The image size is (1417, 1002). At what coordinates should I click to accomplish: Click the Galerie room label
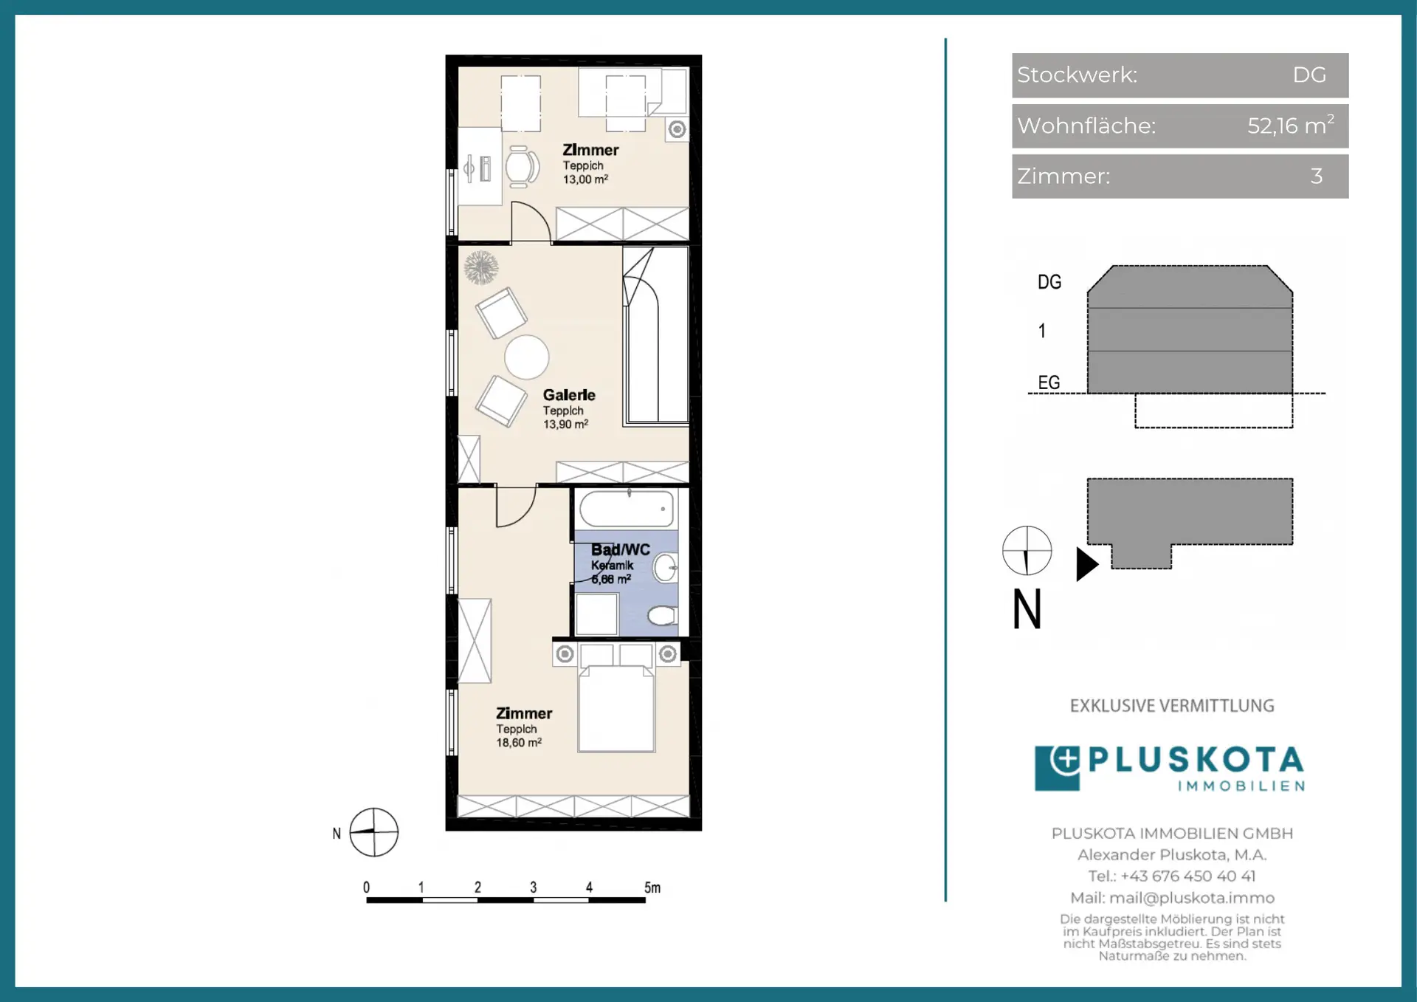pyautogui.click(x=569, y=395)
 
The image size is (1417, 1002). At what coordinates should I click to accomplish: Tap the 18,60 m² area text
pyautogui.click(x=519, y=743)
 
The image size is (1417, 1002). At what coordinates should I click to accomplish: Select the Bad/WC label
pyautogui.click(x=621, y=549)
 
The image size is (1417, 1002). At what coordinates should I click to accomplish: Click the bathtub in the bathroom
pyautogui.click(x=627, y=509)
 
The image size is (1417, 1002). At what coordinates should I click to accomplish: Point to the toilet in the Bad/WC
pyautogui.click(x=662, y=615)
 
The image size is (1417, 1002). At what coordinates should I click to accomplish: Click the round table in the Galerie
pyautogui.click(x=526, y=357)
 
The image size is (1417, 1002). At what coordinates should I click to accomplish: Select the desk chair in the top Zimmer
pyautogui.click(x=521, y=166)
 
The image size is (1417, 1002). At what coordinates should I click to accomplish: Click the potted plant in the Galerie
pyautogui.click(x=481, y=267)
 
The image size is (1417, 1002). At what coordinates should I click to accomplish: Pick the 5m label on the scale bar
pyautogui.click(x=652, y=888)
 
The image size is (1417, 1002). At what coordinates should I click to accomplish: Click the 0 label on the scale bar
pyautogui.click(x=367, y=888)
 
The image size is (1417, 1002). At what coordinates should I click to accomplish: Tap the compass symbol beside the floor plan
pyautogui.click(x=373, y=832)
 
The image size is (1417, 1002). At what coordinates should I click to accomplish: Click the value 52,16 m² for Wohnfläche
pyautogui.click(x=1291, y=125)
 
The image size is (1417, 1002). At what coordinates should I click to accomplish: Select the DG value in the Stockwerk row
pyautogui.click(x=1309, y=75)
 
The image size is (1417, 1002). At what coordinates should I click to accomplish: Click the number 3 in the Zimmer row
pyautogui.click(x=1317, y=176)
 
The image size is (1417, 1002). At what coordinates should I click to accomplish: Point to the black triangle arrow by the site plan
pyautogui.click(x=1087, y=564)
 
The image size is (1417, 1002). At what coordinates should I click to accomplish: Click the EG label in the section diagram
pyautogui.click(x=1049, y=382)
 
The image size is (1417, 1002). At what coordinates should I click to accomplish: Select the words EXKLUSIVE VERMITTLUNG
pyautogui.click(x=1172, y=706)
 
